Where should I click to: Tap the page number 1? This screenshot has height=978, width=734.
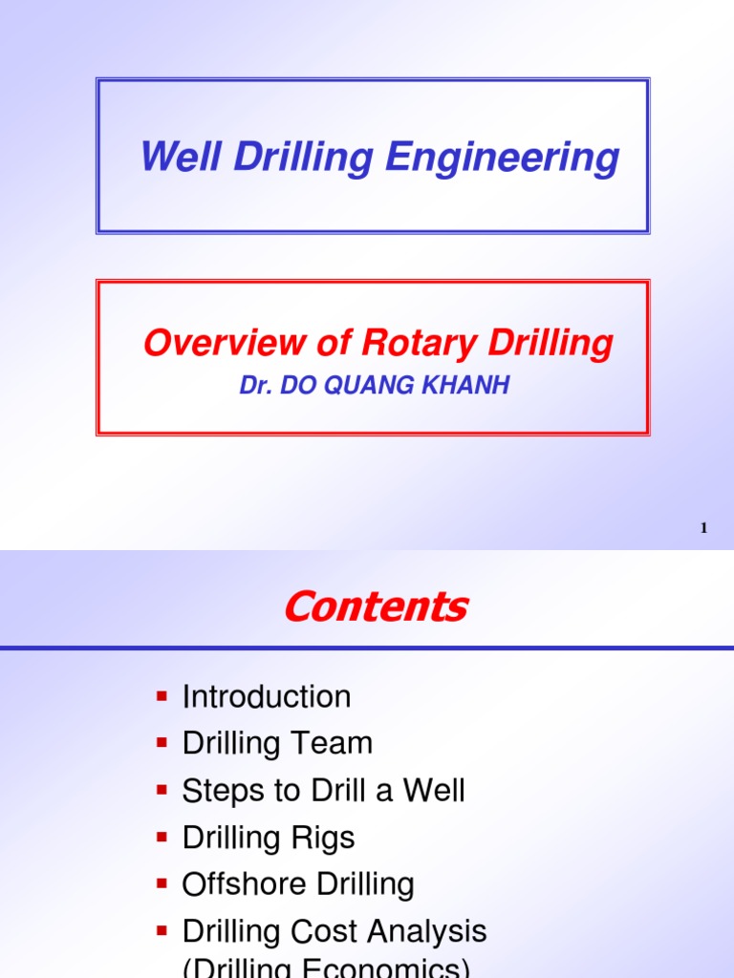pyautogui.click(x=703, y=527)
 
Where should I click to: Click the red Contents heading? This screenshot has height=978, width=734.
pyautogui.click(x=376, y=606)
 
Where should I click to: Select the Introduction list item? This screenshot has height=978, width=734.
pyautogui.click(x=267, y=696)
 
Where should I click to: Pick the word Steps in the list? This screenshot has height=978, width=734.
pyautogui.click(x=221, y=790)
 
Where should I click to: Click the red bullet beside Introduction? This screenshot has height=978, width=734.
pyautogui.click(x=162, y=695)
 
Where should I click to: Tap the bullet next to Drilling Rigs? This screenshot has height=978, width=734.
pyautogui.click(x=162, y=837)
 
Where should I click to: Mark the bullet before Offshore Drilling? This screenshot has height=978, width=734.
pyautogui.click(x=162, y=883)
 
